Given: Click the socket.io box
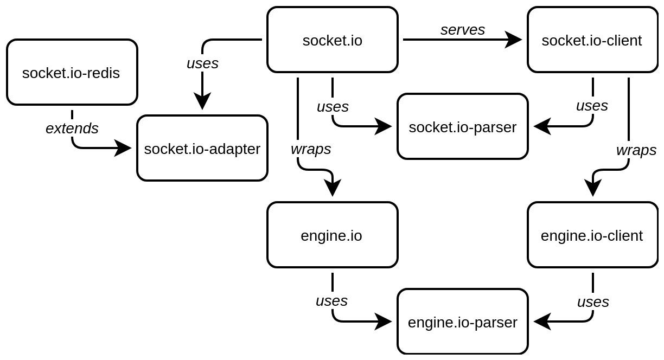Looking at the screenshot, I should (x=333, y=40).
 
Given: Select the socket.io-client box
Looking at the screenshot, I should (x=592, y=40).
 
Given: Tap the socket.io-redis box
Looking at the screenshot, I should (x=72, y=72).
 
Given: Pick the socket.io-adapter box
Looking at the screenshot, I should (x=202, y=148).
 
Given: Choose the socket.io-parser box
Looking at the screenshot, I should (x=463, y=126).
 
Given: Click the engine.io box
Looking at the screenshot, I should (x=333, y=235).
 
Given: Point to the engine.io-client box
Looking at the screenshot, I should (x=592, y=235).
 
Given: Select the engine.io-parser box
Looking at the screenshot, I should (x=463, y=322).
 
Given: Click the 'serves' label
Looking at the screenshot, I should (x=463, y=30).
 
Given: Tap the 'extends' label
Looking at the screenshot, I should (x=72, y=128).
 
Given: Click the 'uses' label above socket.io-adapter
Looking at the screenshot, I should (x=202, y=63).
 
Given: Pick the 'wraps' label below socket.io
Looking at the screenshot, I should (x=311, y=149).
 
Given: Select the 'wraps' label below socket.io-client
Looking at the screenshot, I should (x=636, y=150).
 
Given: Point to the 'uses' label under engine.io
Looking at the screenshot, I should (x=331, y=301).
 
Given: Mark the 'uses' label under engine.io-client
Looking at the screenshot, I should (x=593, y=302).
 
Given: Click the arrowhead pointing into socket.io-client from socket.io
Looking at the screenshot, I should (x=514, y=40).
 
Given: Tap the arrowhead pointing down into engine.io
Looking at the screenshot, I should (x=333, y=188).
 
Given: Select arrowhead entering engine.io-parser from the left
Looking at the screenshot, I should (x=384, y=322).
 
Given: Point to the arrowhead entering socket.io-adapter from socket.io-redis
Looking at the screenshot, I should (x=123, y=148).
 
